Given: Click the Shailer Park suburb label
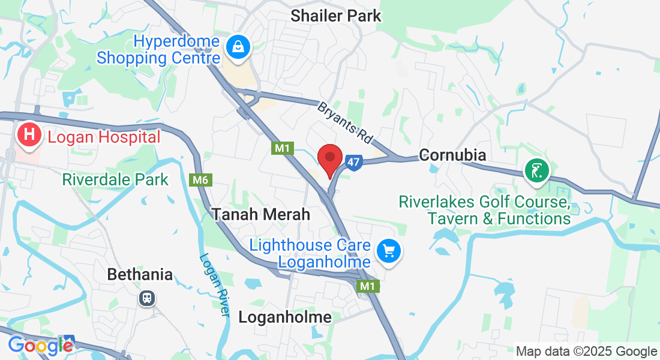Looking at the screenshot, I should tap(335, 16).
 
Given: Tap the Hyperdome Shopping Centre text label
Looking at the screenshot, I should tap(159, 50).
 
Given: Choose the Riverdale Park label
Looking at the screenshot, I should tap(115, 179).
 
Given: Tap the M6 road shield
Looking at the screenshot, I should tap(200, 180).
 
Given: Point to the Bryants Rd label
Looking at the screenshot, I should tap(345, 122).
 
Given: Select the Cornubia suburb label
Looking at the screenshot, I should tap(452, 155).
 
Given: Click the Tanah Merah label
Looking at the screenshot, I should tap(261, 214).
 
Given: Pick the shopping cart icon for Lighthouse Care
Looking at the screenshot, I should tap(389, 251).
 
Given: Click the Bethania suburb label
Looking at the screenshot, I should tap(140, 275).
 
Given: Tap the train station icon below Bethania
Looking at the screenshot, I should tap(146, 298).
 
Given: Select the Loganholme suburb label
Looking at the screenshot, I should tap(285, 317).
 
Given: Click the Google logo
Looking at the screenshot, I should tap(40, 346).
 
